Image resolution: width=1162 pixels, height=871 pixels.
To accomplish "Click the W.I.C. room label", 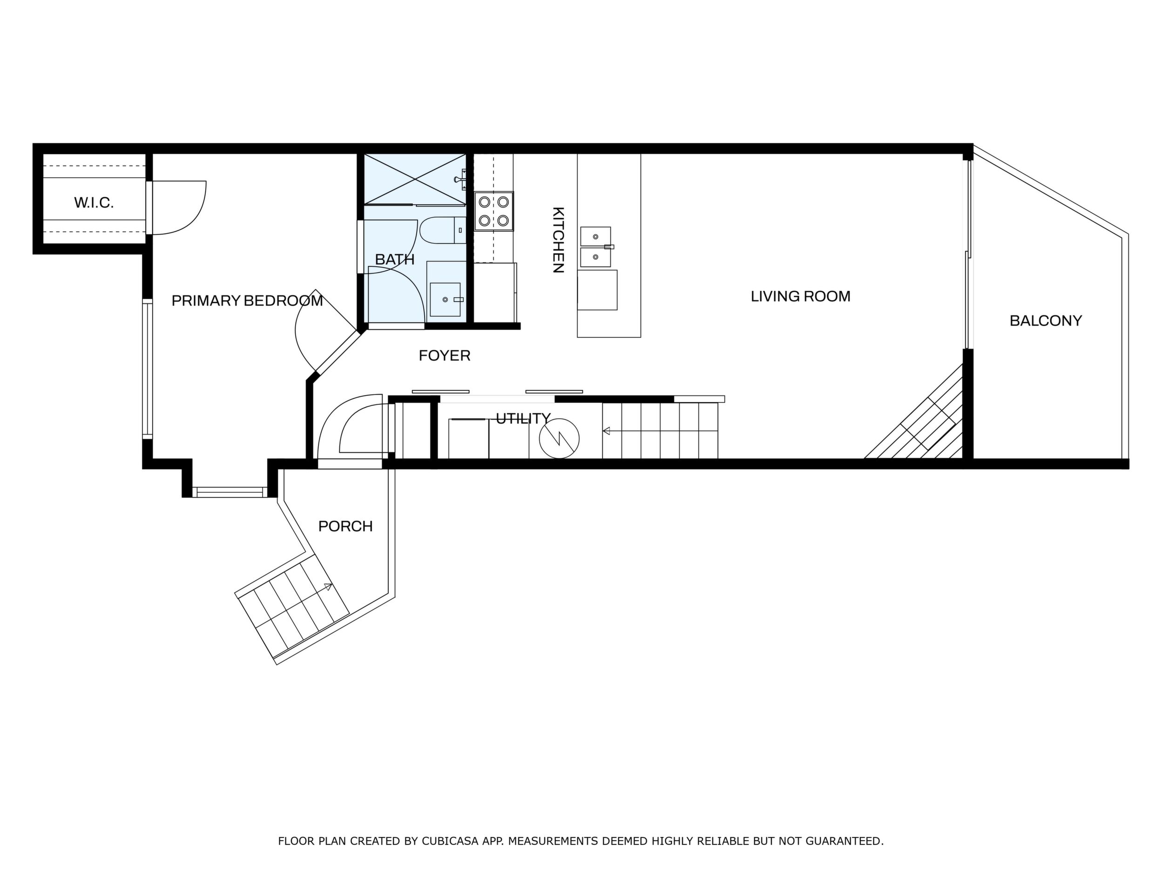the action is tap(94, 203).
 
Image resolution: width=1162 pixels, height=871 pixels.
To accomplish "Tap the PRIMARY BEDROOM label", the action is tap(247, 301).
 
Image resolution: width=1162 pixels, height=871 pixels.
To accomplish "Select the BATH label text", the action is tap(394, 259).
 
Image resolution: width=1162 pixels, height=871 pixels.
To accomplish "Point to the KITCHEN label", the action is tap(558, 240).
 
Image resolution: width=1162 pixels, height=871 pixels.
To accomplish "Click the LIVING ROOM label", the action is tap(800, 297).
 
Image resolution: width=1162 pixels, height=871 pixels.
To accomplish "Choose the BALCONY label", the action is tap(1045, 321).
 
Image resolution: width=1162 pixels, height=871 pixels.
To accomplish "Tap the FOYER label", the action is tap(445, 356).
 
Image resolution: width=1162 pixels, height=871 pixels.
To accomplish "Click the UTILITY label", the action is tap(523, 418).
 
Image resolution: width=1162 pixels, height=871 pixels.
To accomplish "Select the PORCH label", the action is tap(345, 526).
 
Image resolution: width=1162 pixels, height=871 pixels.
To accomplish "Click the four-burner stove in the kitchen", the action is tap(494, 211).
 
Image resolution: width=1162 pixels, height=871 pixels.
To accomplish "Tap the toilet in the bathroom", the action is tap(442, 230).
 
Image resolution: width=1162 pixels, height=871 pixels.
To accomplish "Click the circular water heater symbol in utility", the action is tap(559, 438).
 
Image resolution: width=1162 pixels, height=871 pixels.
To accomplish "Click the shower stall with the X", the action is tap(415, 179).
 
